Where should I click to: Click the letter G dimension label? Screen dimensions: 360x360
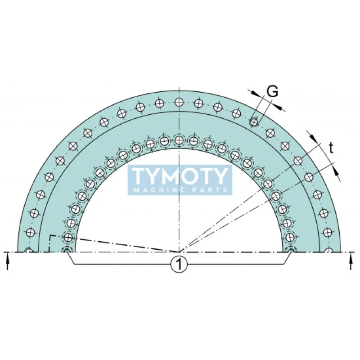[x=272, y=91]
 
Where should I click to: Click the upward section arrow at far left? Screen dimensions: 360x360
[x=8, y=261]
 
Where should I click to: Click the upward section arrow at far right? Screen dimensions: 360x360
[x=351, y=261]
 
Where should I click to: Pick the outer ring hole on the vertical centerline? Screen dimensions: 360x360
[x=179, y=102]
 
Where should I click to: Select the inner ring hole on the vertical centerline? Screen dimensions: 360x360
[x=179, y=140]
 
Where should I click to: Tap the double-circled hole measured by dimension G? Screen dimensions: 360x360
[x=254, y=121]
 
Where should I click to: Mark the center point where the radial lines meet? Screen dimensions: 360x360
[x=179, y=252]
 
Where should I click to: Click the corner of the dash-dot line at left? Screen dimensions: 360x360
[x=49, y=236]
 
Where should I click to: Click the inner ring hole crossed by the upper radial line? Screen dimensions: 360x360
[x=268, y=184]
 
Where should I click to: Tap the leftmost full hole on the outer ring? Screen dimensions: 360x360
[x=31, y=232]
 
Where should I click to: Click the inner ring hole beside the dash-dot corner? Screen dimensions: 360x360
[x=68, y=237]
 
